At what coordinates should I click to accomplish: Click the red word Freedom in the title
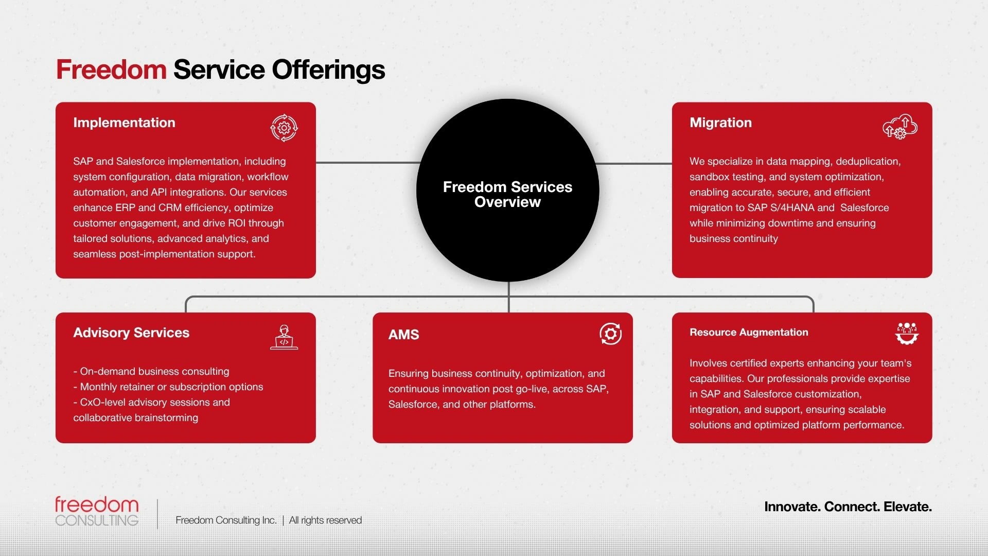click(x=111, y=69)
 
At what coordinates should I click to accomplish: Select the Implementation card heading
click(x=124, y=123)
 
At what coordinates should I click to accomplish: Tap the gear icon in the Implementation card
click(x=284, y=128)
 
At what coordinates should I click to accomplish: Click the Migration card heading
click(x=720, y=123)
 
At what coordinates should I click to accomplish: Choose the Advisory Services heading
click(x=131, y=333)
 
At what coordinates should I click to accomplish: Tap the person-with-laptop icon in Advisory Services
click(x=284, y=337)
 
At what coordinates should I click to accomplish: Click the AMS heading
click(x=403, y=335)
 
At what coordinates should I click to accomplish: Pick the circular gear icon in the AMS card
click(x=610, y=334)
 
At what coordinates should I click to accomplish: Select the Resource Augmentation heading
click(x=749, y=332)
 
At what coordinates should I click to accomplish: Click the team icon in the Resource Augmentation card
click(x=907, y=334)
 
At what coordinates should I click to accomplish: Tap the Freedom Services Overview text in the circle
click(x=507, y=194)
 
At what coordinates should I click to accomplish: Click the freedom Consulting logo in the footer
click(x=97, y=511)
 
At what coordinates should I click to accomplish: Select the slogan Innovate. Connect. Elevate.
click(x=848, y=507)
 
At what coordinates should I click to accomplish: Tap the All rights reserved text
click(x=325, y=520)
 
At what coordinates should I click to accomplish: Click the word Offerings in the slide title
click(x=328, y=69)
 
